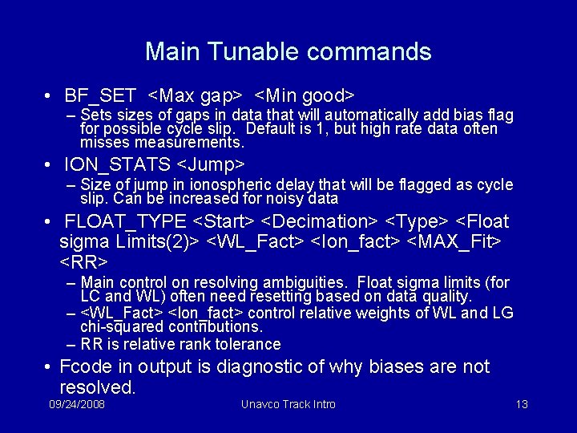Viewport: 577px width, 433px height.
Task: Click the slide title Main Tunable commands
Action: pos(288,52)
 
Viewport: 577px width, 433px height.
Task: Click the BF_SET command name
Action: pos(100,96)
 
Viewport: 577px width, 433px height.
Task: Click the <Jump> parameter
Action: pos(210,165)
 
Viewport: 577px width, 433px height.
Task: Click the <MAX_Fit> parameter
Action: pos(460,241)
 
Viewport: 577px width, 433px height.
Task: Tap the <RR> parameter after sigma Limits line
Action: pos(83,262)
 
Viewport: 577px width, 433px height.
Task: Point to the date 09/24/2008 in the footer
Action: pos(77,404)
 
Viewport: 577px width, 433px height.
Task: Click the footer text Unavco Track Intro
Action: pos(288,404)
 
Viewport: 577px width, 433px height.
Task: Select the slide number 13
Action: pos(521,404)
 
